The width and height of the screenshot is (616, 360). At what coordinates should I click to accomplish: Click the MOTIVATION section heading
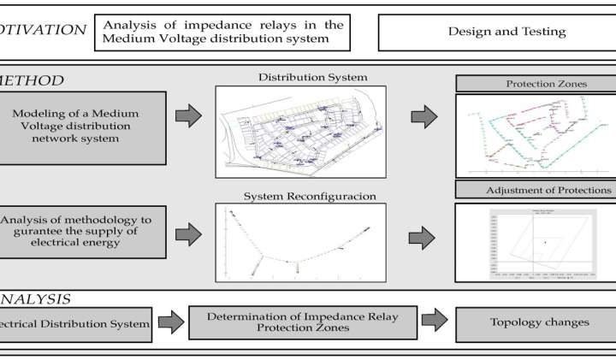[x=43, y=30]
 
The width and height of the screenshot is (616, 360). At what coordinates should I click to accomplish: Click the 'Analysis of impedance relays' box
[x=223, y=31]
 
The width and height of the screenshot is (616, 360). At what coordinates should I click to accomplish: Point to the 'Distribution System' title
[x=313, y=78]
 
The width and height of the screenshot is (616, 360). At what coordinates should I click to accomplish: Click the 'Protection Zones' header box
[x=535, y=84]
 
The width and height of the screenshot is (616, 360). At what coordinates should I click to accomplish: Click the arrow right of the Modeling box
[x=188, y=115]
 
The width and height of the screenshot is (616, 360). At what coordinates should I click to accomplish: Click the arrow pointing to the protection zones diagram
[x=424, y=115]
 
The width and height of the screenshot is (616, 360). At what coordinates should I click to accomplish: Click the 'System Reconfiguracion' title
[x=309, y=196]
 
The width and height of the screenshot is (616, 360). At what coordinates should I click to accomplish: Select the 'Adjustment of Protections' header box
[x=535, y=190]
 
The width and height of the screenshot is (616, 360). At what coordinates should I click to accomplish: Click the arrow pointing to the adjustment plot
[x=424, y=233]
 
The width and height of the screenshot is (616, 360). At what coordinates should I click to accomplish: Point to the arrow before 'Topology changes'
[x=435, y=322]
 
